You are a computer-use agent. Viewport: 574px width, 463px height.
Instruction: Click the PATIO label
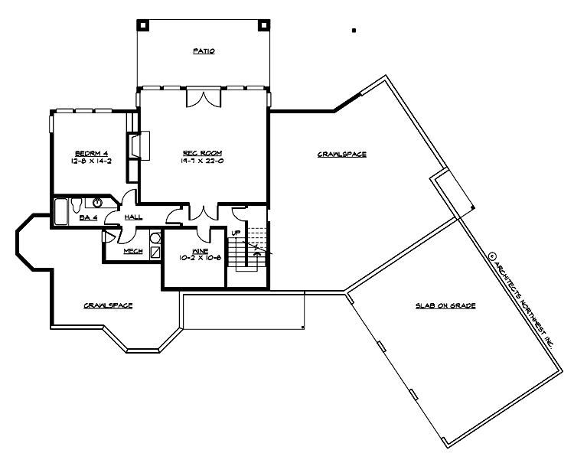[204, 52]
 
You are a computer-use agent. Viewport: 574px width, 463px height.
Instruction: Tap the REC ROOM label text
[203, 152]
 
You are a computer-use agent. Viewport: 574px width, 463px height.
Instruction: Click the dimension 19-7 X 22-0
[203, 161]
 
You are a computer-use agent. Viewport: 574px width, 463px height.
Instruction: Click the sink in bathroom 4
[99, 203]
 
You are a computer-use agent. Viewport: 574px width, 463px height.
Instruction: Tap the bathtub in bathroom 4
[60, 212]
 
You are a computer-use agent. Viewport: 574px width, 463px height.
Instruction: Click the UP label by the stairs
[236, 233]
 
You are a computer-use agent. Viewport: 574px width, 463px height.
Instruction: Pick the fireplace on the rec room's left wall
[134, 145]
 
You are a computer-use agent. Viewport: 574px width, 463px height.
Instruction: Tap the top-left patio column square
[142, 24]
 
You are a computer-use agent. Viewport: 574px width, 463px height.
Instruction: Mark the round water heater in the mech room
[155, 238]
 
